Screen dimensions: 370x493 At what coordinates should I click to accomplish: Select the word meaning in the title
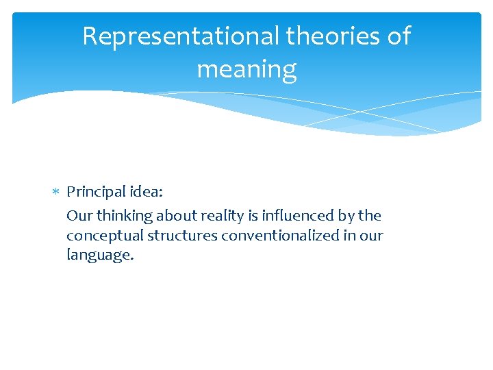pyautogui.click(x=246, y=69)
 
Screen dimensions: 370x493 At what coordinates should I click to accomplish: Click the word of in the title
pyautogui.click(x=399, y=36)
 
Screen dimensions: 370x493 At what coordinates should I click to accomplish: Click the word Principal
pyautogui.click(x=97, y=193)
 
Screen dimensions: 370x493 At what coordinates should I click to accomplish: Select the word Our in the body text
pyautogui.click(x=79, y=215)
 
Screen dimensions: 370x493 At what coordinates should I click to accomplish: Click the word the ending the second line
pyautogui.click(x=370, y=215)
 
